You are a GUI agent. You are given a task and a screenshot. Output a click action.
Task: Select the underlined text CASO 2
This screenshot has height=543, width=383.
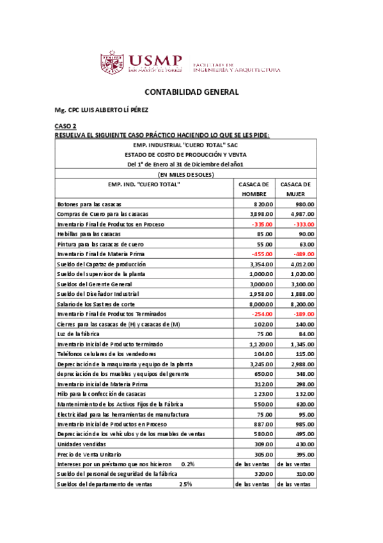pyautogui.click(x=65, y=127)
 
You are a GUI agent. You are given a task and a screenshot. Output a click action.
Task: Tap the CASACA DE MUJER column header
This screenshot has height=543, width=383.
pyautogui.click(x=295, y=189)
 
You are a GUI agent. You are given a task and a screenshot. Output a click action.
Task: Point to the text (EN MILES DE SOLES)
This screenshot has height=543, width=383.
pyautogui.click(x=185, y=174)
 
